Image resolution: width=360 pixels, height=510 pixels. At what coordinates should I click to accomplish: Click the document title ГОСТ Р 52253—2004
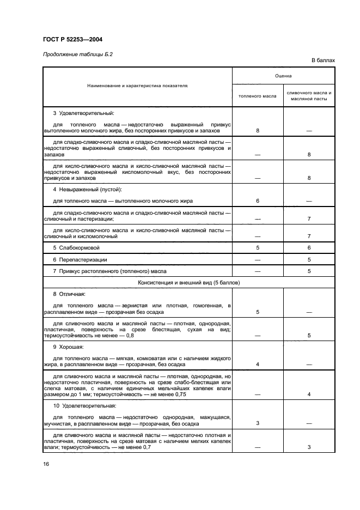point(72,39)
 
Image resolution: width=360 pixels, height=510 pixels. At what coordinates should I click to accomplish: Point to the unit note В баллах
point(323,60)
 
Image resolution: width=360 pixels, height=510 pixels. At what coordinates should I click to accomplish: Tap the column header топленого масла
point(258,96)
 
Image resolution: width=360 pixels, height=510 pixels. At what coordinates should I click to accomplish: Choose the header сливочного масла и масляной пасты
point(309,96)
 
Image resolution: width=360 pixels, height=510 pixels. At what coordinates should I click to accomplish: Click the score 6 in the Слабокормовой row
point(309,247)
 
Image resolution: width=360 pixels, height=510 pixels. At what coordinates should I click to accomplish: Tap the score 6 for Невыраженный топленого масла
point(257,201)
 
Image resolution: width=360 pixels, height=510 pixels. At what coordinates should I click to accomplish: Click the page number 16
point(46,464)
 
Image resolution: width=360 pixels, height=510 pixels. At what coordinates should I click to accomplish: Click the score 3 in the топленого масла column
point(257,423)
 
